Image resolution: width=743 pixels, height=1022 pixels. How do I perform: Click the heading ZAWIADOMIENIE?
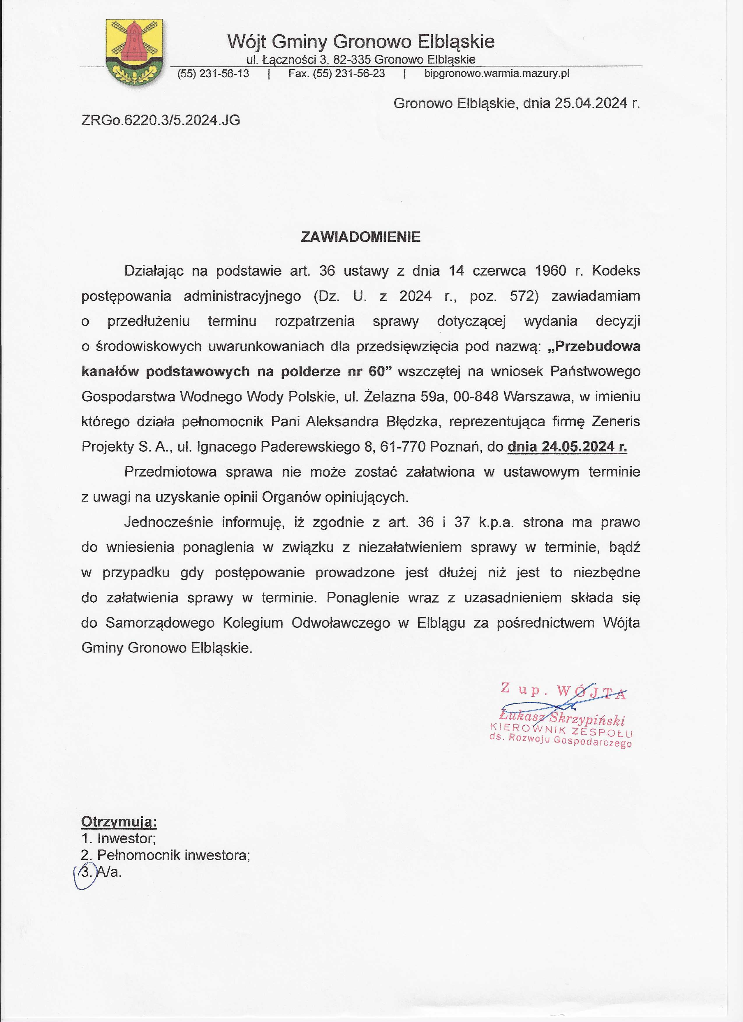pos(360,237)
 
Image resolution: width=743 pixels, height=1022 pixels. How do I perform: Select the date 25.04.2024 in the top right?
pos(591,103)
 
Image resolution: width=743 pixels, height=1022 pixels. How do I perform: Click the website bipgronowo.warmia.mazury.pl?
pos(496,73)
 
